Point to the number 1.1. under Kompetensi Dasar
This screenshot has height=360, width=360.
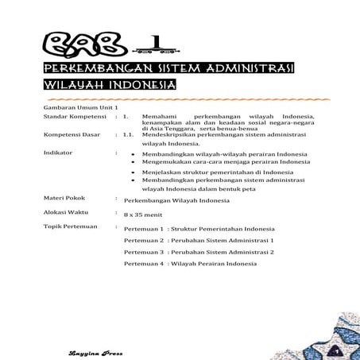pyautogui.click(x=129, y=135)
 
